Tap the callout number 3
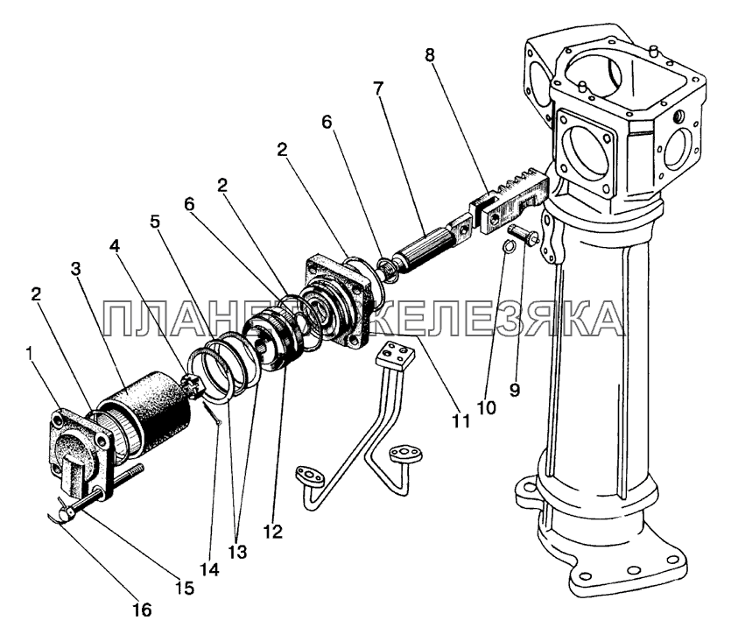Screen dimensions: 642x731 click(77, 268)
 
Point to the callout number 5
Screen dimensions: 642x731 click(154, 221)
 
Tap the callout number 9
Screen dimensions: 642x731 click(514, 390)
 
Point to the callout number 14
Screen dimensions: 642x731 click(208, 568)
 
